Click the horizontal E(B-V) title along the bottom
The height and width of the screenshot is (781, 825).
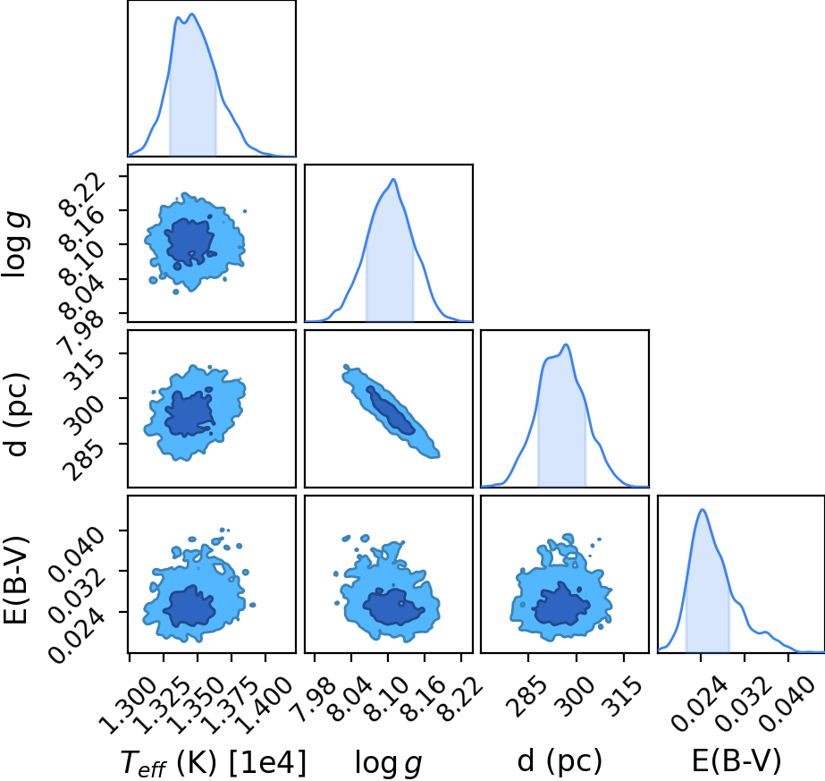(x=737, y=760)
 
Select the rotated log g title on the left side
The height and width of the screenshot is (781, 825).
(x=16, y=244)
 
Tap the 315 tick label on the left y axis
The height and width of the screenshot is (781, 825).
(x=85, y=370)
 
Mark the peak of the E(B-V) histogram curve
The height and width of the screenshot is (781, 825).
(x=702, y=509)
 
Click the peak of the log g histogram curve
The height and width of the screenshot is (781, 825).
(x=392, y=180)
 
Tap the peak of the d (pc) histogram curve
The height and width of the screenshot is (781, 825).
(x=566, y=344)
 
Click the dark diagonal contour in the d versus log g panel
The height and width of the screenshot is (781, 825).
(x=391, y=410)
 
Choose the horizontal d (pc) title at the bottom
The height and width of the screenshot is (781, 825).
(x=560, y=760)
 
